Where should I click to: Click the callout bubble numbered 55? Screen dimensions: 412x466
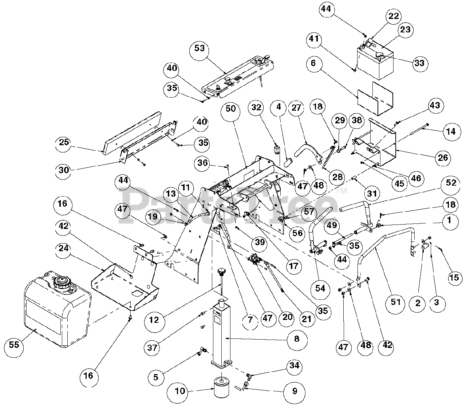[14, 344]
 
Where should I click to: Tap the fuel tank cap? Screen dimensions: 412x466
[62, 282]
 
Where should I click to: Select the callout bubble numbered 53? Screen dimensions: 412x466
[200, 48]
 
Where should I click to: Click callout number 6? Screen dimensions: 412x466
[314, 63]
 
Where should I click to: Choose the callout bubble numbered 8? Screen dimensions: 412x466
[297, 339]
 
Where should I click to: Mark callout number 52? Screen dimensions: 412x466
[451, 183]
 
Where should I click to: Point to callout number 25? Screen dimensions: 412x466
[64, 142]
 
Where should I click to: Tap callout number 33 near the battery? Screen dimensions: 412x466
[419, 63]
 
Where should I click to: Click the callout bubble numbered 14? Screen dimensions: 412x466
[451, 131]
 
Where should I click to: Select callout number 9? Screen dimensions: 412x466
[295, 391]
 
